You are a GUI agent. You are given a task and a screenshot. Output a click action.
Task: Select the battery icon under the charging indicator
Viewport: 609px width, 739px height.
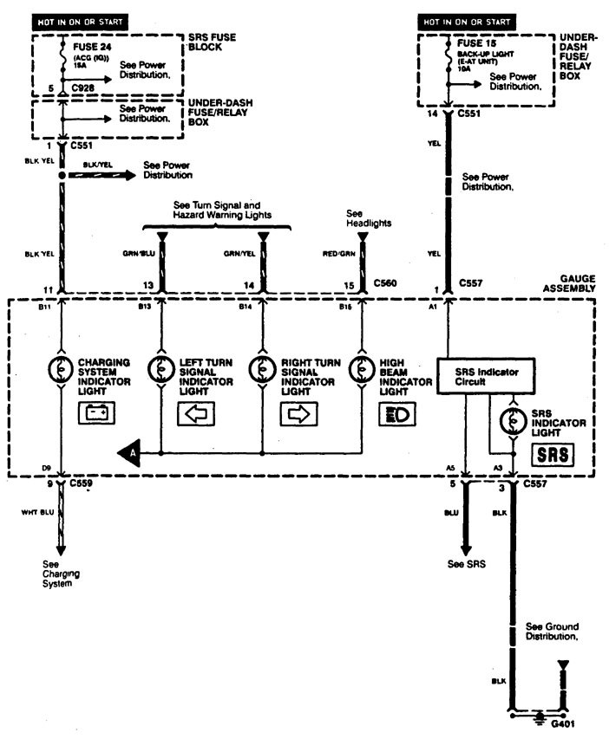95,414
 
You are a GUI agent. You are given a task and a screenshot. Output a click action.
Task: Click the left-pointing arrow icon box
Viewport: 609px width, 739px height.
195,414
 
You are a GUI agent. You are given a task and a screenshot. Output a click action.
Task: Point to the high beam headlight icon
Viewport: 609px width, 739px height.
396,414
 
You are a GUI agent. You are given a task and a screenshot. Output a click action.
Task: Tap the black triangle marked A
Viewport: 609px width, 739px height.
129,451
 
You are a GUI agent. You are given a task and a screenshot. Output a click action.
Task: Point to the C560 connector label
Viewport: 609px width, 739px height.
385,282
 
